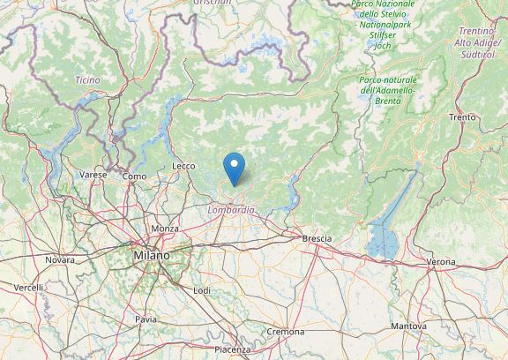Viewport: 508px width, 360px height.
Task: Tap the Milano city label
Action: pos(152,255)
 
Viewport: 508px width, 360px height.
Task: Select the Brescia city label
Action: pos(316,239)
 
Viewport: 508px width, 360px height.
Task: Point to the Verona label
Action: pos(441,262)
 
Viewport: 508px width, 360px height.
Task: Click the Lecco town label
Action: pos(183,166)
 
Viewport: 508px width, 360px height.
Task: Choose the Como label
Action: pos(134,176)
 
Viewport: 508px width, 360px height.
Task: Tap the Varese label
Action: pos(93,175)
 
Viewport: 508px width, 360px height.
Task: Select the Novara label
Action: pos(60,260)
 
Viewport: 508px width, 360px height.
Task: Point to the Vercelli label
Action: pos(28,288)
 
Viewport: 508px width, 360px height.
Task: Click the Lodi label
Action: pos(202,289)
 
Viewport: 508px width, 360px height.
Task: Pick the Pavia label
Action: pos(146,319)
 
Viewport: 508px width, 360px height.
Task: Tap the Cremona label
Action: pos(287,332)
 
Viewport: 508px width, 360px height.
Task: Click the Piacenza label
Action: pos(232,350)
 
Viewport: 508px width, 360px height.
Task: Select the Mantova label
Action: pos(408,326)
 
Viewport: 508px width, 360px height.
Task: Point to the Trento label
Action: pos(462,117)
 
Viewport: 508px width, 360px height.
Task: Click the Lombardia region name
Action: pos(231,210)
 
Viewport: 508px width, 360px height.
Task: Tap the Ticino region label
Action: pos(87,80)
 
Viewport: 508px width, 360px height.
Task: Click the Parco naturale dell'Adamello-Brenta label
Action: pos(388,91)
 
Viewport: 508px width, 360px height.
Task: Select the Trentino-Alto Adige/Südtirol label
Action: pos(476,42)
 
